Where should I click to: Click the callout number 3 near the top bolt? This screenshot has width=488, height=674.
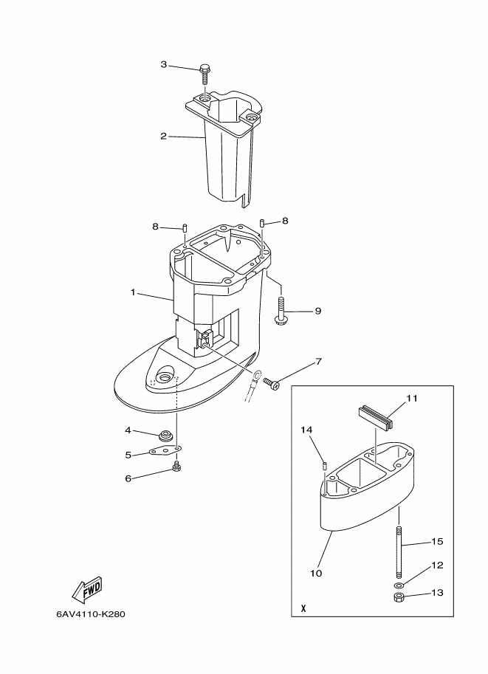[x=164, y=65]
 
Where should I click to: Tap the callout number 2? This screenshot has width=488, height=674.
[x=164, y=136]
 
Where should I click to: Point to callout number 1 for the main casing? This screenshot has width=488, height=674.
[x=134, y=293]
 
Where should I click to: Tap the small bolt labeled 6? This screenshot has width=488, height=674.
[x=176, y=467]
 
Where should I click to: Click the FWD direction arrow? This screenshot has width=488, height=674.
[x=87, y=588]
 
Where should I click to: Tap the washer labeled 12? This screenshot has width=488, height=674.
[x=399, y=585]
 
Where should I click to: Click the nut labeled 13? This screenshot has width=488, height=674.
[x=399, y=599]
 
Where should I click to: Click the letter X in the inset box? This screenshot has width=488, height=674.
[x=303, y=611]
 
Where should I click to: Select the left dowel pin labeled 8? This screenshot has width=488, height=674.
[x=185, y=227]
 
